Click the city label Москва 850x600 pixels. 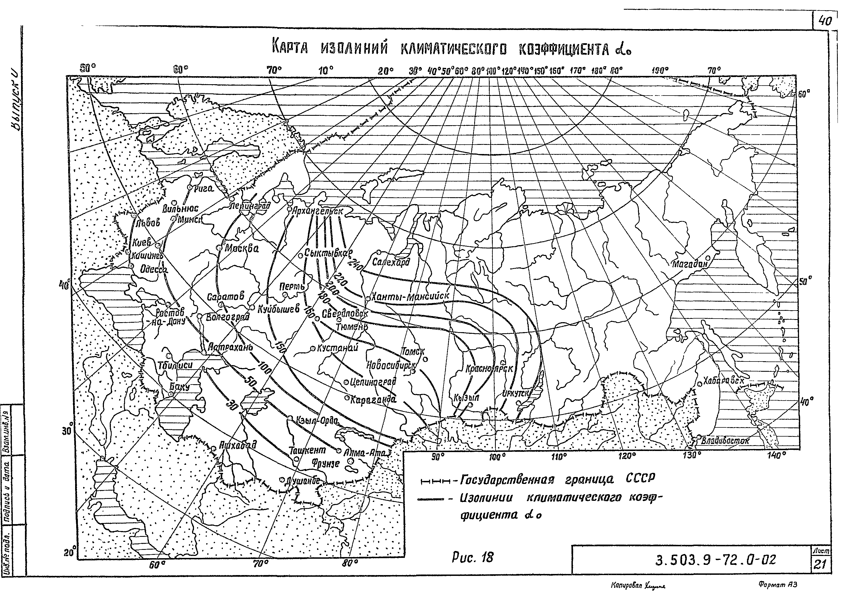pos(242,248)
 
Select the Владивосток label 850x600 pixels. pos(725,441)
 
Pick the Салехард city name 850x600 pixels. pos(391,262)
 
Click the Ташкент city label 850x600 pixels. pos(307,450)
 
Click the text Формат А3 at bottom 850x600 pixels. pos(777,584)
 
